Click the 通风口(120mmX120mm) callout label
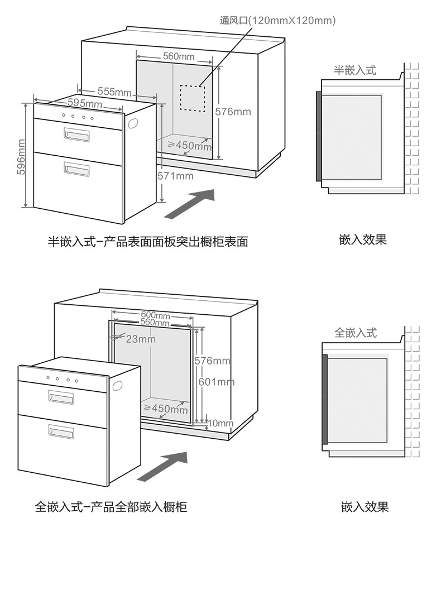click(x=277, y=21)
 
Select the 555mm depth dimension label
click(x=114, y=92)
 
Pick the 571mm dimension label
click(x=175, y=176)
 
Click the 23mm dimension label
click(x=140, y=339)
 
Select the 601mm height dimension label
click(x=217, y=382)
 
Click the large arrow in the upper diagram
click(x=190, y=203)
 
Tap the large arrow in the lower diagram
click(x=162, y=467)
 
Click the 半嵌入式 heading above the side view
click(x=355, y=70)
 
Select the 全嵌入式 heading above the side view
click(x=356, y=333)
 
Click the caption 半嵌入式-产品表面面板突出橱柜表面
click(x=147, y=242)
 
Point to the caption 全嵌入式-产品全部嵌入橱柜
click(x=111, y=507)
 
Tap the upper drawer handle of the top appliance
click(x=76, y=135)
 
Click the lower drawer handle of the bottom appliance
click(x=61, y=431)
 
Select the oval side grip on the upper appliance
click(x=132, y=123)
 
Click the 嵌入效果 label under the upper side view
click(x=363, y=240)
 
